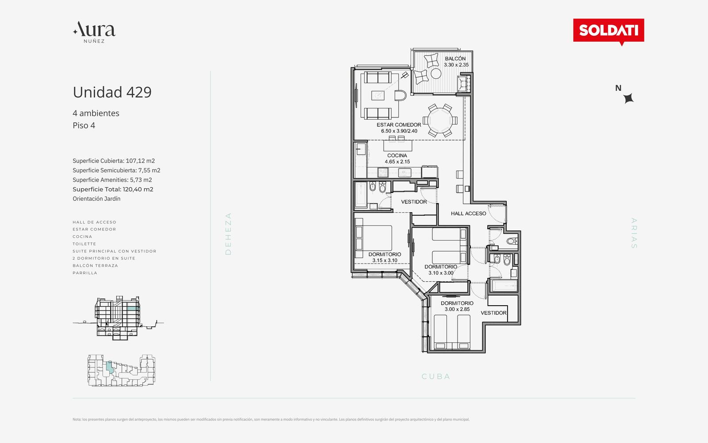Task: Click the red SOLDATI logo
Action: tap(608, 31)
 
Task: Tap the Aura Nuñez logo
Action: tap(94, 32)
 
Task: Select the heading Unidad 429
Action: tap(112, 92)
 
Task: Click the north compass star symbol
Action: tap(628, 98)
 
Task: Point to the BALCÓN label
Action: tap(455, 58)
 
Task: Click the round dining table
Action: tap(440, 120)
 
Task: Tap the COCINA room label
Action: tap(397, 155)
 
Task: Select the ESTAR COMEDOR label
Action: tap(399, 124)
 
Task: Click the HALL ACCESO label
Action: tap(469, 214)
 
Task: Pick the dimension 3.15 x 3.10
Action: tap(385, 260)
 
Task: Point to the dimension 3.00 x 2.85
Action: tap(457, 309)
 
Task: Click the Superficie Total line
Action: tap(113, 189)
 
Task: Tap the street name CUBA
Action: tap(436, 377)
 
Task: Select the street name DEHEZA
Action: tap(228, 233)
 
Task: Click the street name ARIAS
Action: tap(634, 233)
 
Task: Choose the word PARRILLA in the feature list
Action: tap(85, 273)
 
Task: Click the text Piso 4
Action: tap(84, 125)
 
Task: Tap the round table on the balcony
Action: tap(436, 74)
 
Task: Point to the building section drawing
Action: tap(118, 318)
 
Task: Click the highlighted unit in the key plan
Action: tap(109, 368)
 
